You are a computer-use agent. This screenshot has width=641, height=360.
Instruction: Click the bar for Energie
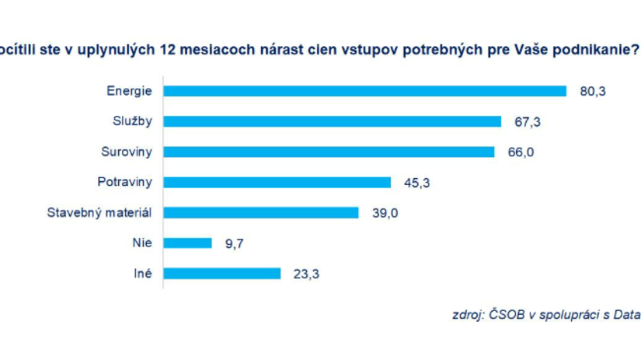(364, 91)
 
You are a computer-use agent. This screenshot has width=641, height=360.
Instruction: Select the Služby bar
(332, 121)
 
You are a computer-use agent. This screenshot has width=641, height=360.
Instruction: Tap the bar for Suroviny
(329, 152)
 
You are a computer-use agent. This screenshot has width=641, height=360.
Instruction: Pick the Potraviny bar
(277, 182)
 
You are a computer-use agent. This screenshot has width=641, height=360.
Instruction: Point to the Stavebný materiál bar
(261, 212)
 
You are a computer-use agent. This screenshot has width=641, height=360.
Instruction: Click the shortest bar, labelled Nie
(187, 243)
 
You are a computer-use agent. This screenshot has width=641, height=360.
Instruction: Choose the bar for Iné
(221, 273)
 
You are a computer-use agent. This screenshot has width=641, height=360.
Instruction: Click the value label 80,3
(592, 91)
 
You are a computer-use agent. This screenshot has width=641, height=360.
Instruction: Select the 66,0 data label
(521, 152)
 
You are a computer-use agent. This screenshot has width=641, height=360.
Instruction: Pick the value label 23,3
(305, 273)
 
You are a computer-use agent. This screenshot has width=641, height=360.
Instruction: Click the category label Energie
(130, 91)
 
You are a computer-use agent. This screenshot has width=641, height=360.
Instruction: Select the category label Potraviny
(126, 182)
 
